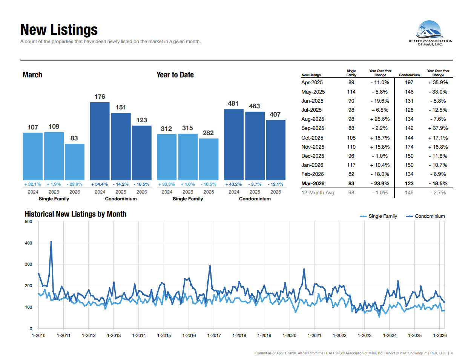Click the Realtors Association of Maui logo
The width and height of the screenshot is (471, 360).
tap(430, 33)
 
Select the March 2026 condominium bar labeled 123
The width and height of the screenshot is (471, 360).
tap(142, 152)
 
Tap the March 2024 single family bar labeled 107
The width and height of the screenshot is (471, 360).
tap(33, 156)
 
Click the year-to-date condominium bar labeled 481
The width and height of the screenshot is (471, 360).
tap(234, 144)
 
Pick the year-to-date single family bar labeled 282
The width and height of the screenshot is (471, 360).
tap(209, 159)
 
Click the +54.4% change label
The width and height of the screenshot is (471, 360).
tap(100, 185)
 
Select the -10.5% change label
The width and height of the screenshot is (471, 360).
tap(209, 185)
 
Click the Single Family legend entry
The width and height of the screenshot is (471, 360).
tap(379, 216)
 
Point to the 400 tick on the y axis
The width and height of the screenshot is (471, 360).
tap(29, 243)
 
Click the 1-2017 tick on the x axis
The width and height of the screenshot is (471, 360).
tap(214, 335)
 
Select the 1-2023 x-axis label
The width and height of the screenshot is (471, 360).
tap(365, 335)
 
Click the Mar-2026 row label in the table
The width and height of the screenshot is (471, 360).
tap(313, 183)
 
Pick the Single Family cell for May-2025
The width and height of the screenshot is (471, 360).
tap(351, 92)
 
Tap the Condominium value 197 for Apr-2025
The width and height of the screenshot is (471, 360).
tap(409, 82)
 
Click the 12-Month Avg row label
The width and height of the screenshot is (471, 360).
tap(318, 192)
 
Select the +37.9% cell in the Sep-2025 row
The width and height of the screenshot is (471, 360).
tap(438, 128)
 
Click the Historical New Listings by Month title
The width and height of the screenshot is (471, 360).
tap(75, 214)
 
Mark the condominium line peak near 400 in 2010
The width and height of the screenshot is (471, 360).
tap(51, 242)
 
